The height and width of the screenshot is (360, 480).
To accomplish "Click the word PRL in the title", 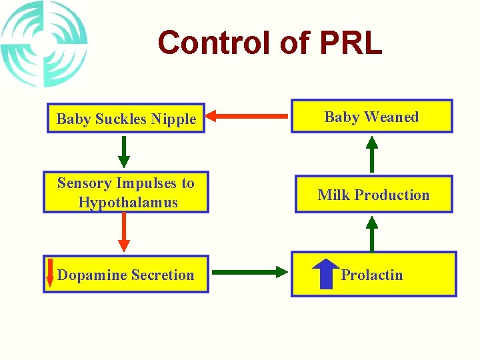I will click(351, 43).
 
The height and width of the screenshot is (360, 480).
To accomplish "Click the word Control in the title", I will click(215, 43).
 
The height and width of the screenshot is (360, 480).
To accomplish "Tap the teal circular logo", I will click(44, 44).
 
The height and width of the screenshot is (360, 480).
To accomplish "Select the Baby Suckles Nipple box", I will click(125, 119).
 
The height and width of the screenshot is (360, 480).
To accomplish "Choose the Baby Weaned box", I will click(371, 117).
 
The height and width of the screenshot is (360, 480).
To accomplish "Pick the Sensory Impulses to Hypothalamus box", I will click(125, 193).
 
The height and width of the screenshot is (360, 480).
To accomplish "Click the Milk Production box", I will click(373, 195).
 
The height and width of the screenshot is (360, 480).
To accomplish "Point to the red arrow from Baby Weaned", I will click(247, 118).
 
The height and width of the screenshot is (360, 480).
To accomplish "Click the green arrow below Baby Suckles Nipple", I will click(124, 151).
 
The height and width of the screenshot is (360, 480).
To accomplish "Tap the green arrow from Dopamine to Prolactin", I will click(249, 271).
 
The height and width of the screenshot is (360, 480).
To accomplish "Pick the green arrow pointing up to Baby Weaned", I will click(372, 154).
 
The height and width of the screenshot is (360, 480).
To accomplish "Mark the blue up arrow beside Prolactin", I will click(325, 273).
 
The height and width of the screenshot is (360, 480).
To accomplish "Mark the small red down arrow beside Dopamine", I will click(49, 274).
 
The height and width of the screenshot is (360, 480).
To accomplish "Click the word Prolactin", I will click(372, 275).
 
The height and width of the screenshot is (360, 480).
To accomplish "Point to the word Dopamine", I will click(90, 275).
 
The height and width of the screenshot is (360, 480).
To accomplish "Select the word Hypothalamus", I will click(128, 202).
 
